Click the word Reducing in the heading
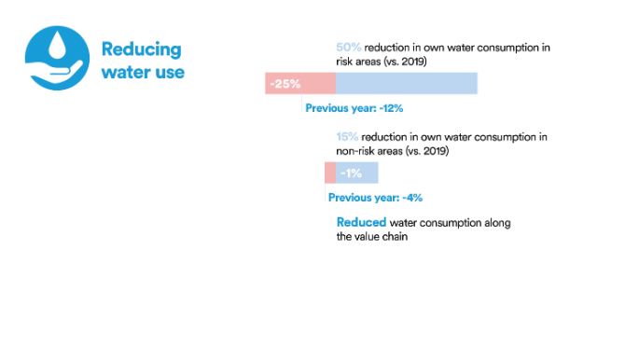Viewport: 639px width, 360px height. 141,49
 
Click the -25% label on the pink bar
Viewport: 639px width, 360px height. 285,84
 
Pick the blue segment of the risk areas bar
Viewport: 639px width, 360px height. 406,84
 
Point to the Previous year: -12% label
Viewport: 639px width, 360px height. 354,108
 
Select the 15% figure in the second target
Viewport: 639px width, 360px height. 348,137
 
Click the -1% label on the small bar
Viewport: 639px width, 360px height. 351,173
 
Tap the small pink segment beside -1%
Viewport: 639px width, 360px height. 330,173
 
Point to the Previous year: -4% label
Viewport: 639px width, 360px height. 375,198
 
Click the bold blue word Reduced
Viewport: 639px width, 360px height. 361,223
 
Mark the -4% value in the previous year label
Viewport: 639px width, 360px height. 412,198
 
